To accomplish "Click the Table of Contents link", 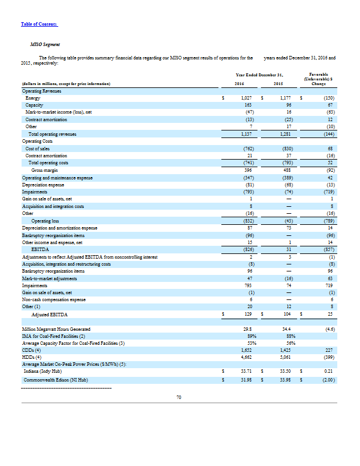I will (39, 24).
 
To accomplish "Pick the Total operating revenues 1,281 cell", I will (284, 134).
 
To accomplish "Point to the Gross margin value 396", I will (247, 170).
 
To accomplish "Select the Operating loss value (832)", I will (245, 222).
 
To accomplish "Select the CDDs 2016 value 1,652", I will (246, 351).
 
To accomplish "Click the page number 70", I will (179, 398).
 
